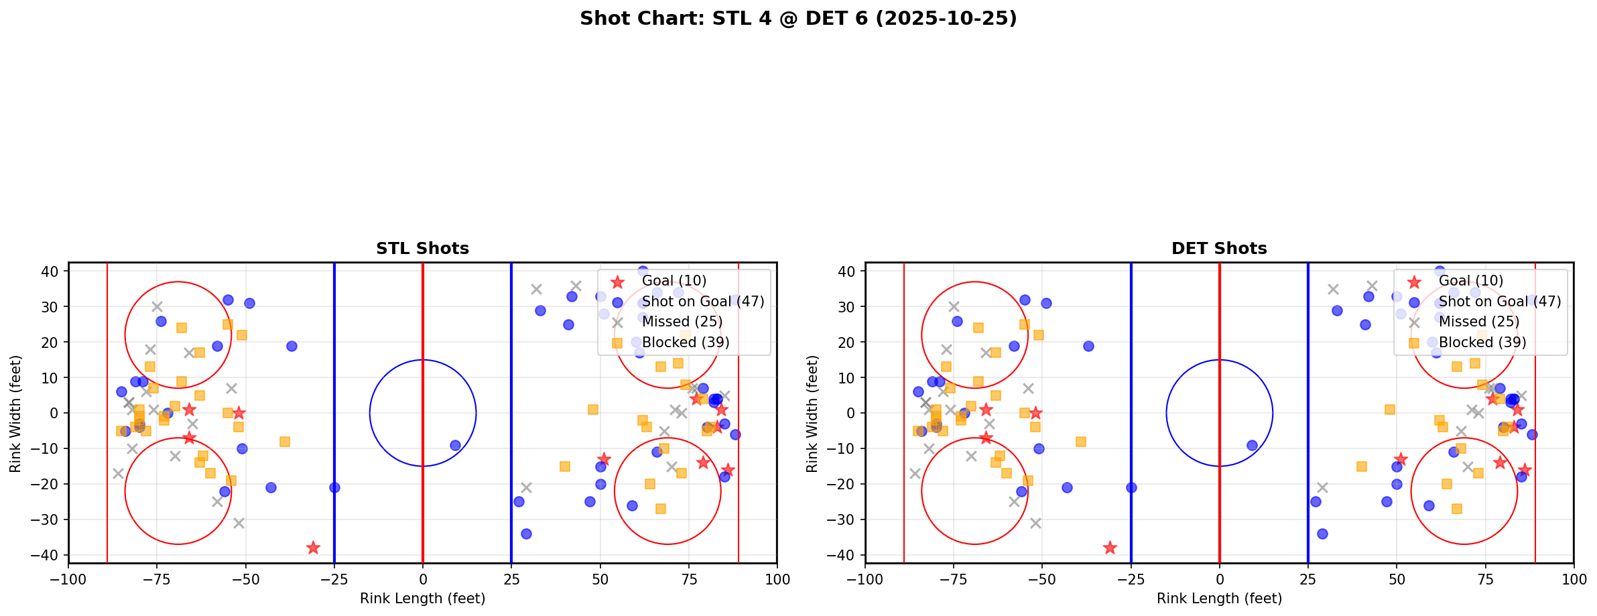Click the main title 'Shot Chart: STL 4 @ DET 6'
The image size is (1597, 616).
(x=798, y=18)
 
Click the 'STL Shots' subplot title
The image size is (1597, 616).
(x=422, y=249)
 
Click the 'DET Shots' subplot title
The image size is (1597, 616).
(x=1219, y=249)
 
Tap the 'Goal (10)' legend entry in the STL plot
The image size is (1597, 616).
(x=674, y=281)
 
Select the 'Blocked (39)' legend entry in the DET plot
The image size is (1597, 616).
(x=1482, y=343)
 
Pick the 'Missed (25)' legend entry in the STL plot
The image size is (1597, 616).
(x=682, y=322)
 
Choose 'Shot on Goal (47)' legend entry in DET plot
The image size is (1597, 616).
(x=1500, y=302)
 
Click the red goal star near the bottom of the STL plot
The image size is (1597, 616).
(x=313, y=548)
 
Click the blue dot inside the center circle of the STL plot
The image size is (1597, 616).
(x=455, y=445)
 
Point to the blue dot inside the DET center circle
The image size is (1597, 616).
(x=1252, y=445)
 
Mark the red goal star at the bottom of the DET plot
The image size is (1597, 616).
(x=1110, y=548)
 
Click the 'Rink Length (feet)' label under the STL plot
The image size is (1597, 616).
(x=422, y=599)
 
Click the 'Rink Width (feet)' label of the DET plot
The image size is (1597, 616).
(x=812, y=414)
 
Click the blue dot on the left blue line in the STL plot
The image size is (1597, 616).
(x=334, y=487)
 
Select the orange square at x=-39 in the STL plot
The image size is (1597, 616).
(x=285, y=442)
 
